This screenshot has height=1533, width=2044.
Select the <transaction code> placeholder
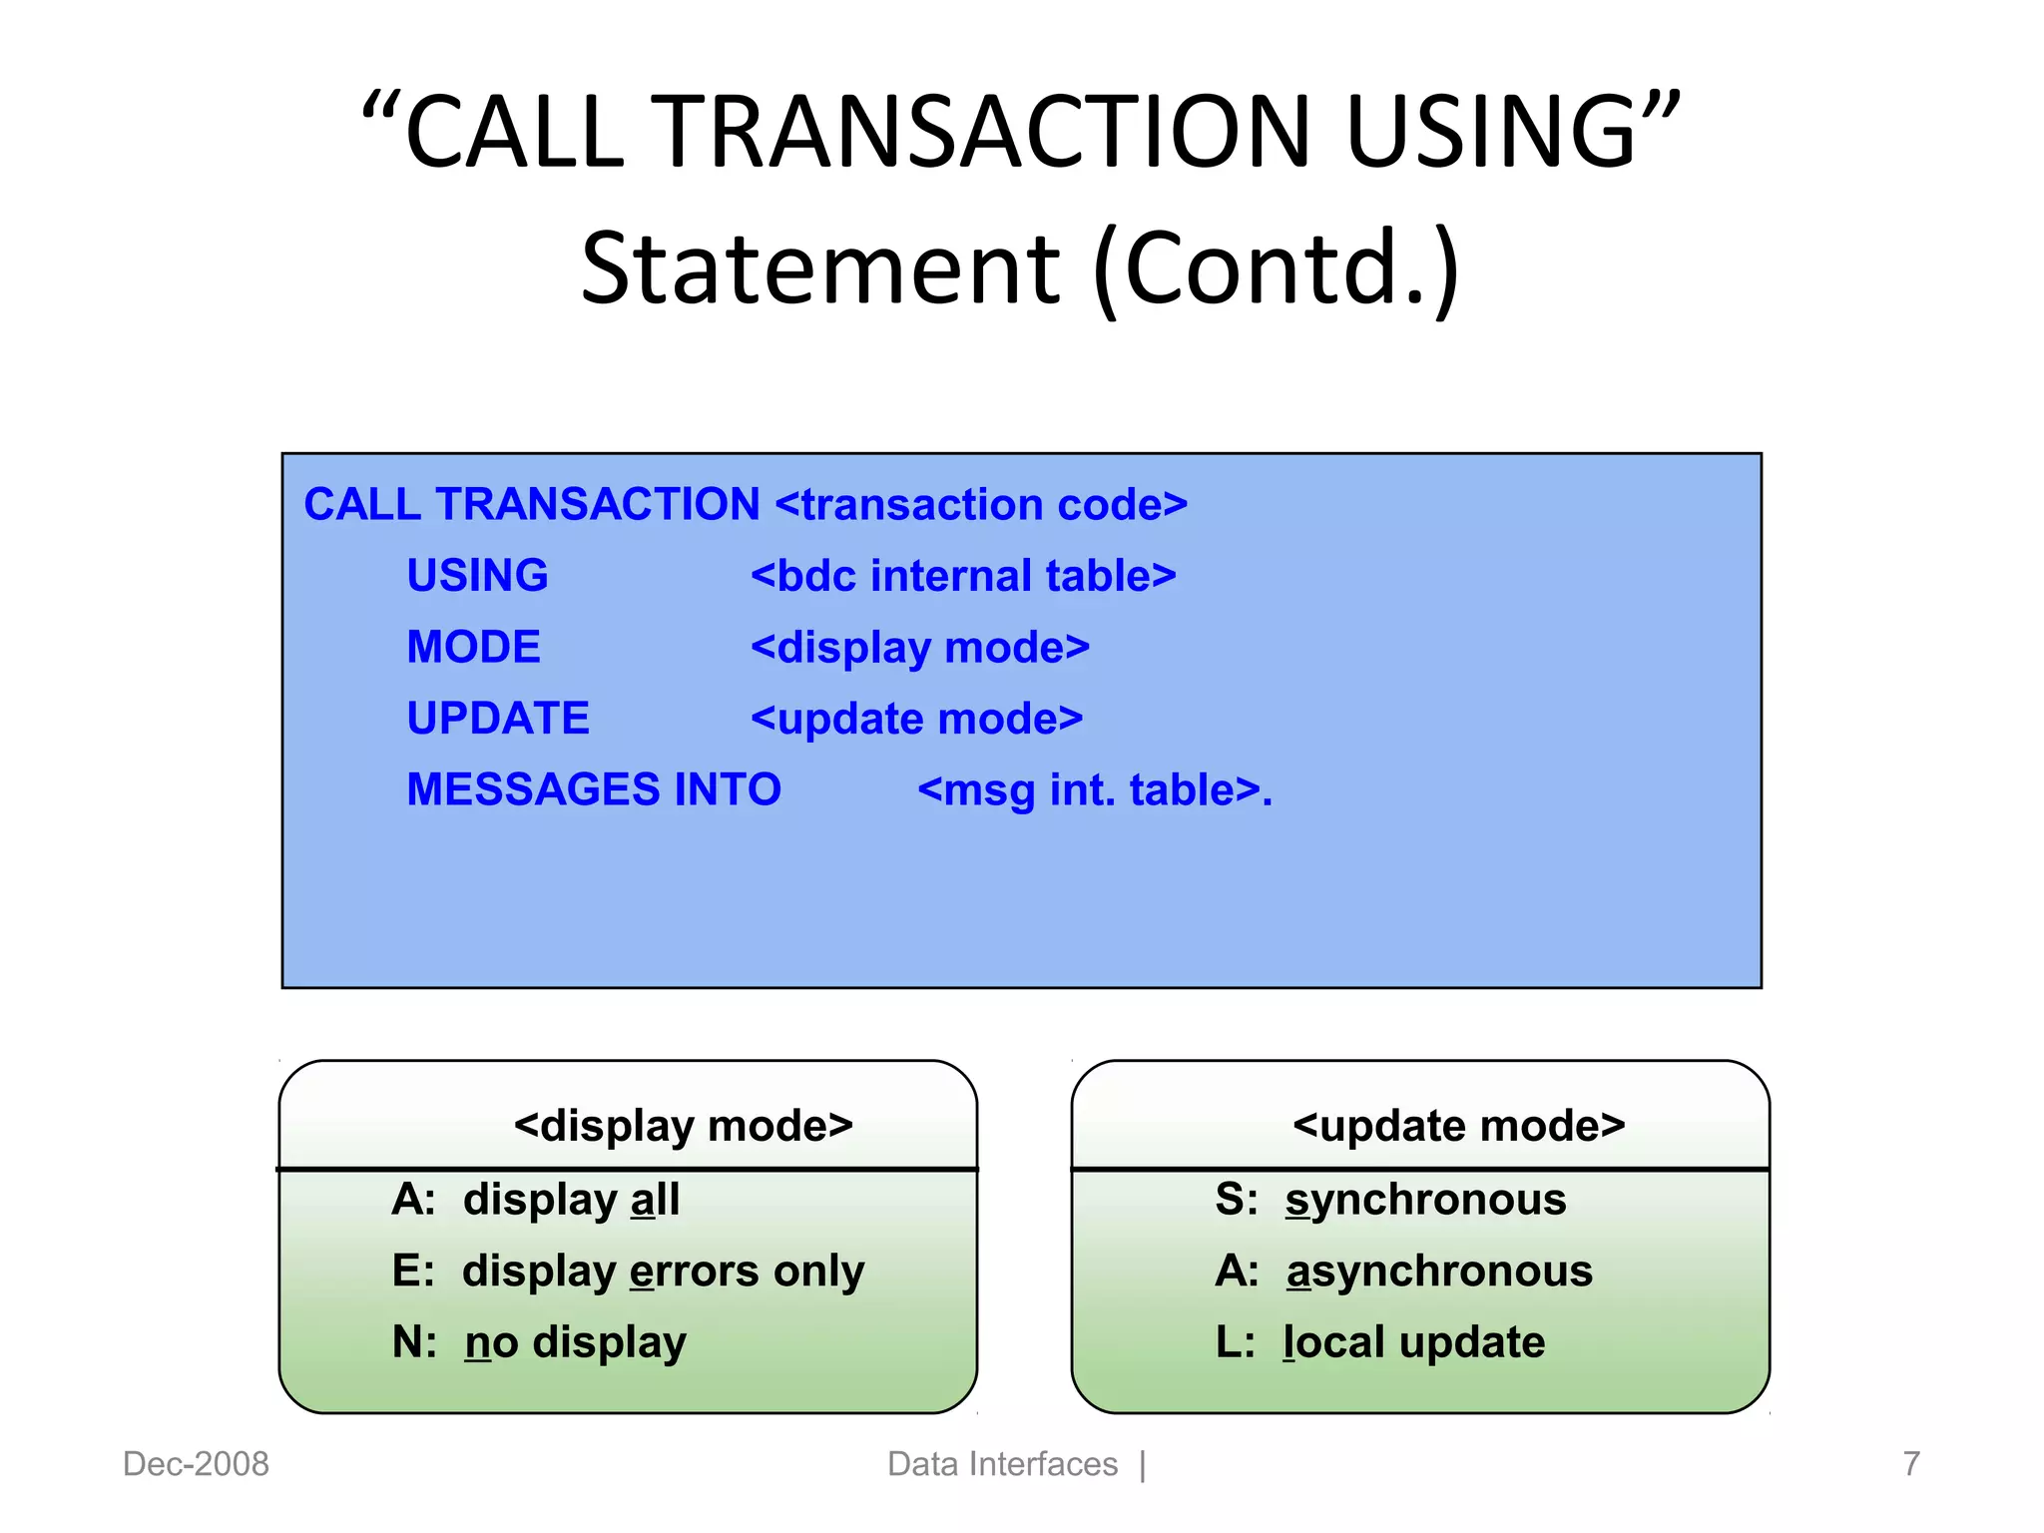pos(981,504)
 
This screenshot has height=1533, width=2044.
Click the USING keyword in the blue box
pos(477,576)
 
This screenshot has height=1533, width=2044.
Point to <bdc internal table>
pos(963,576)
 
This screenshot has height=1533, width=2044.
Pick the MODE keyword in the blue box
pos(473,648)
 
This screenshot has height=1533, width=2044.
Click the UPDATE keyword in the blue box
pos(498,719)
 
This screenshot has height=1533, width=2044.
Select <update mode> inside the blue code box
pos(916,719)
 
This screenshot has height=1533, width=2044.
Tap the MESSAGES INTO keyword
pos(594,789)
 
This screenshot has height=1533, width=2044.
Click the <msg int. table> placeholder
pos(1094,790)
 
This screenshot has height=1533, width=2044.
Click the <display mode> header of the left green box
pos(684,1126)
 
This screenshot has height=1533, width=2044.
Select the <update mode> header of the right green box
pos(1458,1126)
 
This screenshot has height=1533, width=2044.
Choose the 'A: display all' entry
pos(536,1199)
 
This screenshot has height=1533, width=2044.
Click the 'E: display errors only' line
pos(628,1272)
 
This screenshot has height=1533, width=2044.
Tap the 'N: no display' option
pos(539,1342)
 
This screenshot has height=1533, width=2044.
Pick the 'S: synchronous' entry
pos(1390,1199)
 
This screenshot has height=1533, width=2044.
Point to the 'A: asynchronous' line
pos(1403,1272)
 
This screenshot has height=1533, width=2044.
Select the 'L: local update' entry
pos(1379,1342)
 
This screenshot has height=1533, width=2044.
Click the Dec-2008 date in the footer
pos(196,1464)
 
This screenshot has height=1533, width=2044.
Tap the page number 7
pos(1910,1464)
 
